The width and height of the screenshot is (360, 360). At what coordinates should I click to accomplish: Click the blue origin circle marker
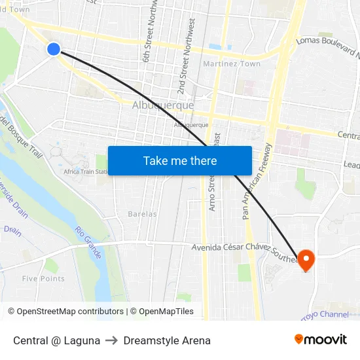[x=54, y=48]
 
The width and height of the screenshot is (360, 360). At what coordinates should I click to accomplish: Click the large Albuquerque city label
[x=163, y=105]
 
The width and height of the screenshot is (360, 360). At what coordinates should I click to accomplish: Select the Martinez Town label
[x=232, y=64]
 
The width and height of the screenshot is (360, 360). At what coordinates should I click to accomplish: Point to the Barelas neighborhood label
[x=142, y=214]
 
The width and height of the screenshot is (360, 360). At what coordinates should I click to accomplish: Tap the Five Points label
[x=43, y=278]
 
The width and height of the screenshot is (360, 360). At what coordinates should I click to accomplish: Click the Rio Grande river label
[x=89, y=242]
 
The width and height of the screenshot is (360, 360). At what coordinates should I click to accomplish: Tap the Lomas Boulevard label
[x=327, y=48]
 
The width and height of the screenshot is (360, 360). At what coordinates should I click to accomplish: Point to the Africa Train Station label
[x=86, y=172]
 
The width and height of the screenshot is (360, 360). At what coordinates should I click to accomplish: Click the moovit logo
[x=321, y=340]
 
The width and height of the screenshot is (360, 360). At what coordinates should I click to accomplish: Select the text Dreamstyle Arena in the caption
[x=167, y=340]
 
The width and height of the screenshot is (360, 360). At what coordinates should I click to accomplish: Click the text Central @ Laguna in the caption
[x=57, y=340]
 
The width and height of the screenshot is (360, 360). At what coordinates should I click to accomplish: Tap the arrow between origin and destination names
[x=112, y=340]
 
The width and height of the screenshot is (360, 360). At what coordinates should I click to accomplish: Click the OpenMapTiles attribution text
[x=162, y=312]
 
